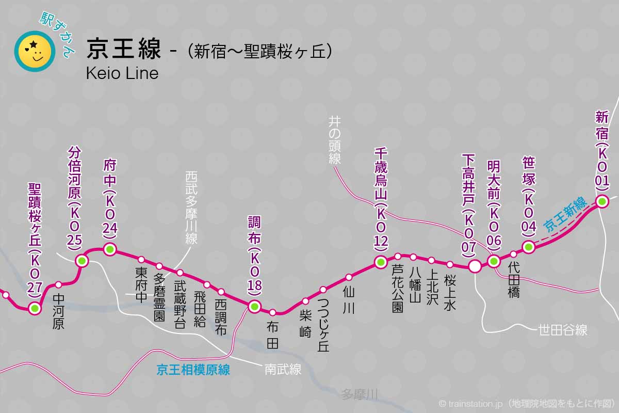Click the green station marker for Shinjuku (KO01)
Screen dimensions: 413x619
coord(602,202)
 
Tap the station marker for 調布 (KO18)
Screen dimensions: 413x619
coord(254,307)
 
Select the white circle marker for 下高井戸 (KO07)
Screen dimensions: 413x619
coord(475,266)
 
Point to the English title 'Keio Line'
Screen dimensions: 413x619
coord(122,73)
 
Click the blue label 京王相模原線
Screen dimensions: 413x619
coord(193,370)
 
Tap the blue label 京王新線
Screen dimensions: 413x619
coord(566,213)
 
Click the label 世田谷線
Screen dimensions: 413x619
coord(562,330)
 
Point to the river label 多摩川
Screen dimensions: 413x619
coord(360,395)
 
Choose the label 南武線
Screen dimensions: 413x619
coord(283,370)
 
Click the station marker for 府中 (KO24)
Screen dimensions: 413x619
coord(109,249)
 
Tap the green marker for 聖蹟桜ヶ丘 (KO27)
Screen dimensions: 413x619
coord(35,309)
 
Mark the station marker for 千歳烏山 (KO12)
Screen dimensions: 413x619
coord(381,262)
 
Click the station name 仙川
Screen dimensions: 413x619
coord(349,300)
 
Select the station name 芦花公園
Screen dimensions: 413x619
coord(397,289)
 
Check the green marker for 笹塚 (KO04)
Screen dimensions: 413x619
coord(528,247)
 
